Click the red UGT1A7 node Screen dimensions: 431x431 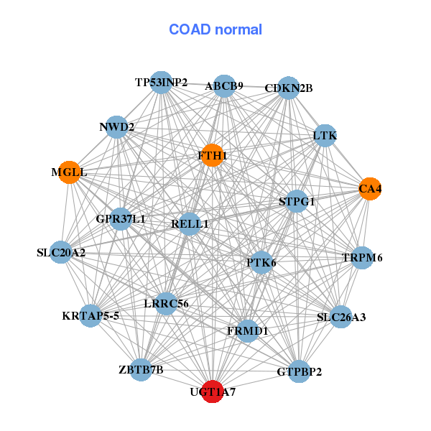click(212, 391)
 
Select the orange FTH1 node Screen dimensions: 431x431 click(212, 155)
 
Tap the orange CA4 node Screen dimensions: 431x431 click(370, 189)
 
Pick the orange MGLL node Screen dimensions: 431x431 click(70, 172)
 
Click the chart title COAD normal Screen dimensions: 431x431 click(215, 29)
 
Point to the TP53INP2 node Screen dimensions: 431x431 click(162, 83)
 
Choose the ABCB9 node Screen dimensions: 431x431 click(224, 86)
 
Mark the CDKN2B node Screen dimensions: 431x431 click(288, 88)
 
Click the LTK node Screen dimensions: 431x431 click(325, 136)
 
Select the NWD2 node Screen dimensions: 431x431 click(117, 127)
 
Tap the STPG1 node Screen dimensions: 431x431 click(297, 201)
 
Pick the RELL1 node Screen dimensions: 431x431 click(190, 223)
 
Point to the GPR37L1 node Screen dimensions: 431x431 click(121, 219)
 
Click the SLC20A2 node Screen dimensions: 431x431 click(61, 252)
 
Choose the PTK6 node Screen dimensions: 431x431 click(261, 262)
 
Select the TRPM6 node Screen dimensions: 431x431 click(362, 258)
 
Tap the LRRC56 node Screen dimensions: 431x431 click(166, 303)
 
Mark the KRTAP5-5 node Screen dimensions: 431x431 click(91, 316)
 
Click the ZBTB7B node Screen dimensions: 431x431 click(141, 370)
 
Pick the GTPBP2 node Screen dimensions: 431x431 click(299, 371)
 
